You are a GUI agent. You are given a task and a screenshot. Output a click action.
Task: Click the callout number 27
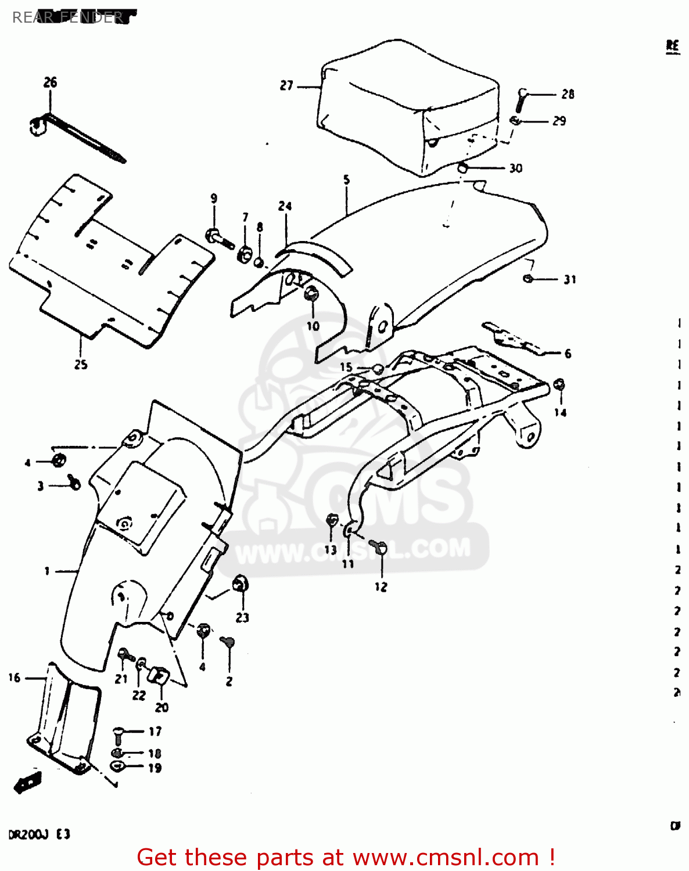pyautogui.click(x=286, y=86)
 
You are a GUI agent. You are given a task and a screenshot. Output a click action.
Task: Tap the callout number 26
pyautogui.click(x=51, y=82)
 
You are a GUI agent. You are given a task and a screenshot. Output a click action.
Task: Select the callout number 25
pyautogui.click(x=81, y=364)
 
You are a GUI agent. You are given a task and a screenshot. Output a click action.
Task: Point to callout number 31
pyautogui.click(x=570, y=279)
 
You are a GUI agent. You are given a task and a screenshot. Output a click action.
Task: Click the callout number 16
pyautogui.click(x=15, y=678)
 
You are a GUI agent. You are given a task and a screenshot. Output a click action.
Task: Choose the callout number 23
pyautogui.click(x=242, y=617)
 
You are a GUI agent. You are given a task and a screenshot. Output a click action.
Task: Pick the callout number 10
pyautogui.click(x=313, y=326)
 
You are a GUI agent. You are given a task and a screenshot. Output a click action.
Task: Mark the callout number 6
pyautogui.click(x=568, y=353)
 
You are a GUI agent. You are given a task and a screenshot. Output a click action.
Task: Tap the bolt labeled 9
pyautogui.click(x=218, y=238)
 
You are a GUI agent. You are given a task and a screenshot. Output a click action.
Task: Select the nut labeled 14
pyautogui.click(x=560, y=386)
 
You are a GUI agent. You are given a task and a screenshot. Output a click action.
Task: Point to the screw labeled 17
pyautogui.click(x=119, y=735)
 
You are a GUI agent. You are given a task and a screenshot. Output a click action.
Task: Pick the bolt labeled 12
pyautogui.click(x=380, y=546)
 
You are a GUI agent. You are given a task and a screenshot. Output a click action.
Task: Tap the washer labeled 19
pyautogui.click(x=117, y=767)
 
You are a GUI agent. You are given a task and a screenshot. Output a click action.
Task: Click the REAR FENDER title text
pyautogui.click(x=67, y=17)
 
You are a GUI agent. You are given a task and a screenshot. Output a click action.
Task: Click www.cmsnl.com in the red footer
pyautogui.click(x=446, y=857)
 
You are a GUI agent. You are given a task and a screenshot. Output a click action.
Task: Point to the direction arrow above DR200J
pyautogui.click(x=27, y=782)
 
